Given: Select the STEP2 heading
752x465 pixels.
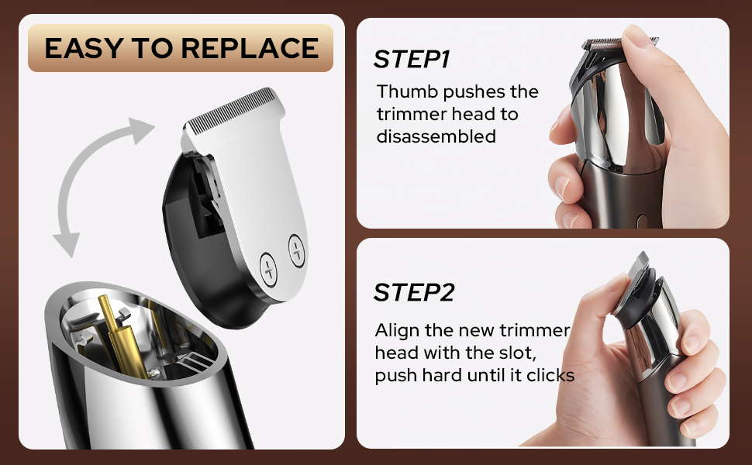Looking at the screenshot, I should [x=413, y=292].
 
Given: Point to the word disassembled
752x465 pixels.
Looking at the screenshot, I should [x=436, y=136].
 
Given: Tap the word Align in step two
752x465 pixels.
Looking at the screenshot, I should [x=395, y=331].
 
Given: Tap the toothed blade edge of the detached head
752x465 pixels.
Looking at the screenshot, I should [x=233, y=105].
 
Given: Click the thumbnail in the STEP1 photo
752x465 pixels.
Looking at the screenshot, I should [x=639, y=35].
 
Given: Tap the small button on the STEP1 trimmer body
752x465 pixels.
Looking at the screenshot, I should [x=641, y=222].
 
